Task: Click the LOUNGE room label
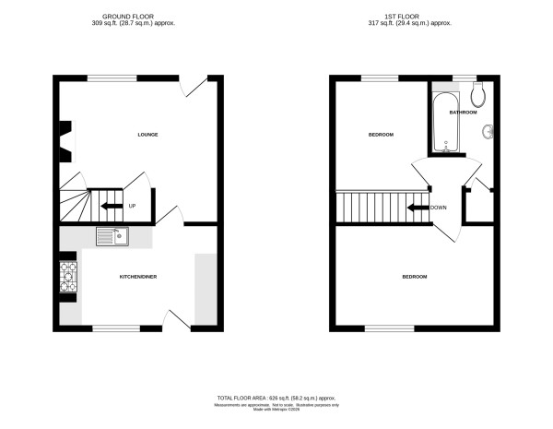(147, 135)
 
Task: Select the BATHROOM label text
(463, 113)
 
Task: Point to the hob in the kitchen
(69, 277)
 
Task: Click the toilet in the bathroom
(477, 93)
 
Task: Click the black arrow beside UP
(112, 206)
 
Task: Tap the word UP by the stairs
(133, 206)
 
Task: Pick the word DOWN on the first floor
(439, 207)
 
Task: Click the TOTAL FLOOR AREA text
(276, 397)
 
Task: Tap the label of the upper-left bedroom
(381, 135)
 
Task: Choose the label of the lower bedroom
(414, 277)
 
